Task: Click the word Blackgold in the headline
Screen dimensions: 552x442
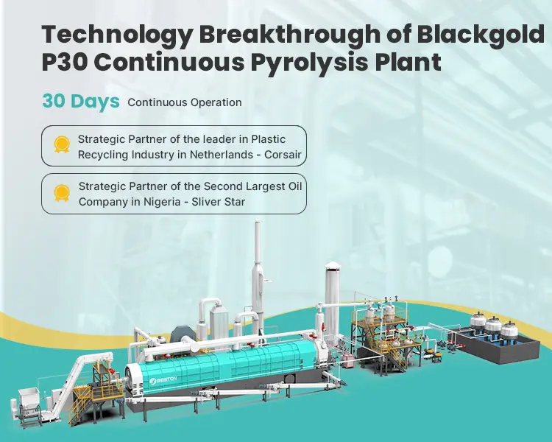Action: pos(481,35)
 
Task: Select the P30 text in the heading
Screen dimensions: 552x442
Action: pos(65,62)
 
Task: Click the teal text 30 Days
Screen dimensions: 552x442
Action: pos(81,101)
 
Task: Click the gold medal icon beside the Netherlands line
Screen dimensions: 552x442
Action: pos(62,145)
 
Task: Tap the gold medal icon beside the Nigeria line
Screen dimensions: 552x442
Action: pos(62,193)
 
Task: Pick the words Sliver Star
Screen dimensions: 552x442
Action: pos(219,202)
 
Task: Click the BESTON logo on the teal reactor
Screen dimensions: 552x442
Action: pos(163,379)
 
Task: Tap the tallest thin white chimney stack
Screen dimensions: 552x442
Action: pos(258,268)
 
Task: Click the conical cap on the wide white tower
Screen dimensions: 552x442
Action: pos(332,266)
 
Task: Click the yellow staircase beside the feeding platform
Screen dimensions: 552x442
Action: pos(78,410)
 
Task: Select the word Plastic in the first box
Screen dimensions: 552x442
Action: pos(268,139)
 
